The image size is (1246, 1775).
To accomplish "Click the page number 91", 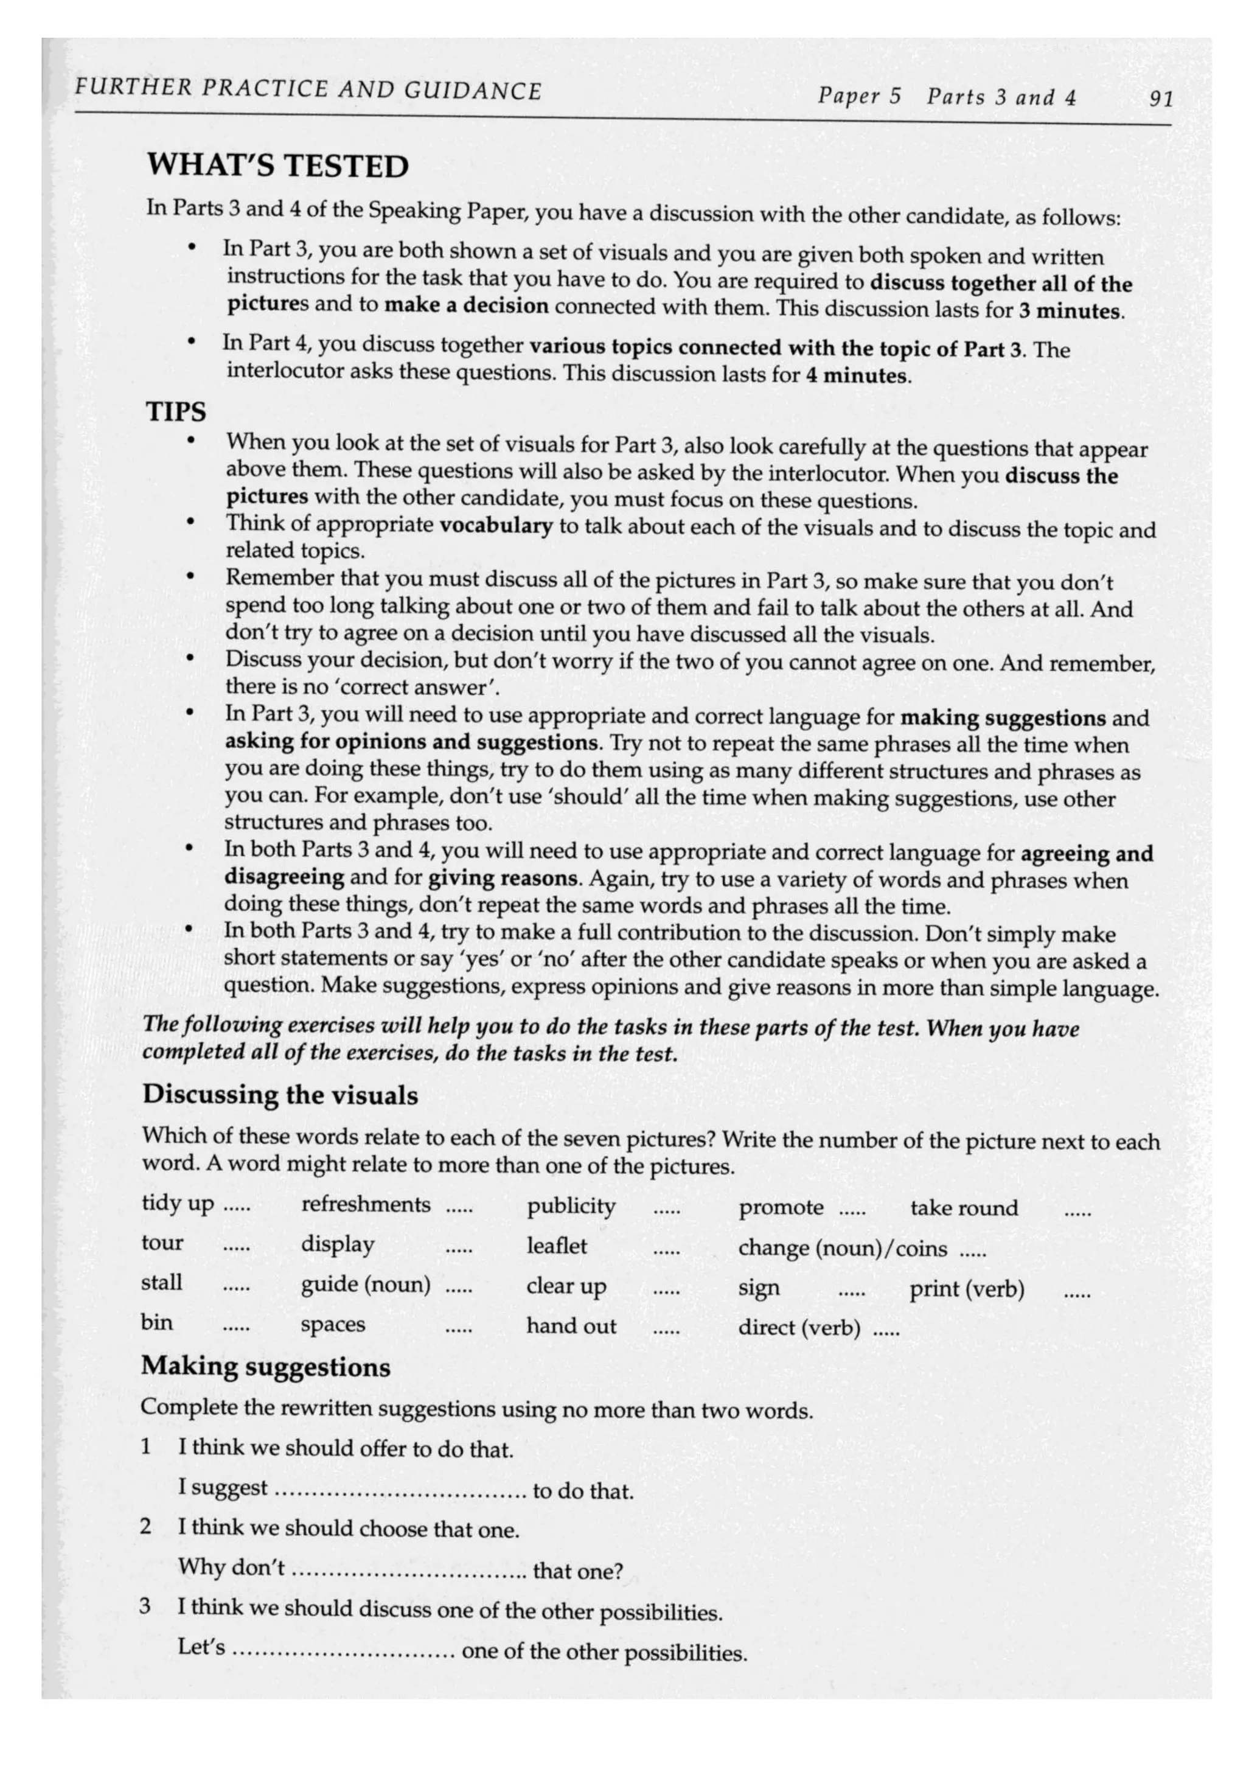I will point(1160,99).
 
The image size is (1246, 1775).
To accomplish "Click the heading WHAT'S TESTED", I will point(277,166).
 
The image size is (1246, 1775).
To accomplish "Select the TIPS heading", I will point(176,412).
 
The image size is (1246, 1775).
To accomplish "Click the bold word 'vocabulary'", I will point(495,526).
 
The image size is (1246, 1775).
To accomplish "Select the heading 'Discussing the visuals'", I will point(280,1095).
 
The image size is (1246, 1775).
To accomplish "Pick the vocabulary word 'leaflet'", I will point(557,1246).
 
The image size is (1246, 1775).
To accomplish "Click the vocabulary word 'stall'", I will point(162,1283).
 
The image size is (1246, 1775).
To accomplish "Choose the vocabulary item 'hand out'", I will point(571,1327).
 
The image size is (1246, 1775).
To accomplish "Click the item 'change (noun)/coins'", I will point(842,1249).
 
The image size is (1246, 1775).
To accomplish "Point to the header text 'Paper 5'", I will point(858,97).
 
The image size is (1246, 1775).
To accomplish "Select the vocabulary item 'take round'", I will point(963,1208).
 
